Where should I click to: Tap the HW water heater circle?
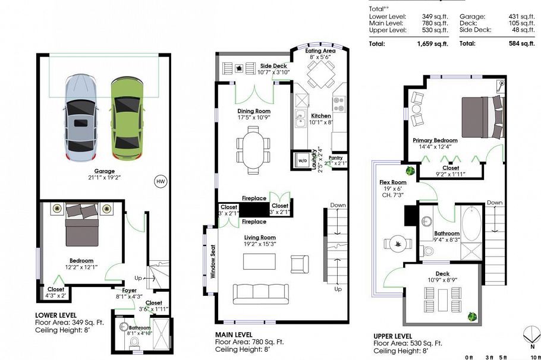160,181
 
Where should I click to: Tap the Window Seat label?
212,260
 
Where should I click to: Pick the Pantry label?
336,157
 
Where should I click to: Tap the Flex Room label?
393,182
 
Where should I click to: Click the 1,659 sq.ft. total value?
433,43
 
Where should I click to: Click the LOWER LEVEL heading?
55,315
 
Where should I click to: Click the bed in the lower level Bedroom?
81,226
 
